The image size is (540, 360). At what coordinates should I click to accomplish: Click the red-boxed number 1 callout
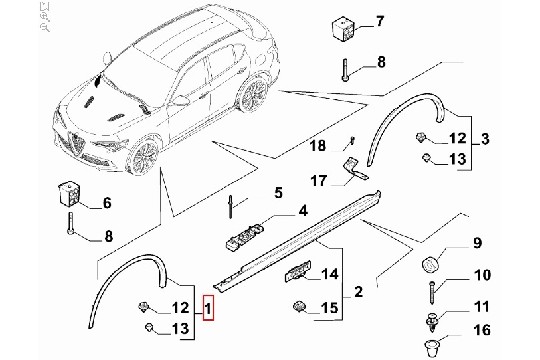208,308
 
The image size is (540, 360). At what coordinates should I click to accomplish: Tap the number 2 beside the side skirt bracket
359,291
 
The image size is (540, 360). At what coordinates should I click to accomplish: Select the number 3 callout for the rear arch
485,139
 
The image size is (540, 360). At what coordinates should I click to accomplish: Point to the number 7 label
379,21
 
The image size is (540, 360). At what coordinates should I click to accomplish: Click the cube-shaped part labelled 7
343,30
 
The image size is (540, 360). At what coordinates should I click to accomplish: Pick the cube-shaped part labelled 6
69,194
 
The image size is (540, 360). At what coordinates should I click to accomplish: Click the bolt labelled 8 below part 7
345,70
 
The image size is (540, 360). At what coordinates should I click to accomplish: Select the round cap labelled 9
430,265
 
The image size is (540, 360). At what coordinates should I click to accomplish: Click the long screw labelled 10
432,292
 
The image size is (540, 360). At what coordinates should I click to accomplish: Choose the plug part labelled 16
432,349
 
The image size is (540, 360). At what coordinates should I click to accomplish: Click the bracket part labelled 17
355,169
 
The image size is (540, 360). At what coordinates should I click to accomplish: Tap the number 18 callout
318,146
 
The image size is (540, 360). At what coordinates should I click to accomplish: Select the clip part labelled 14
298,271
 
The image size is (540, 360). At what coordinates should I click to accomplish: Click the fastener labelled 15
299,306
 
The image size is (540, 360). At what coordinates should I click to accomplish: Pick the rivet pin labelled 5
230,207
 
